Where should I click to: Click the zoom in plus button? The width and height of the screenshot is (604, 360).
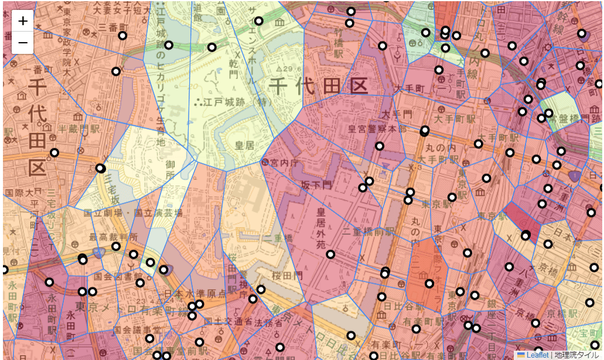pyautogui.click(x=22, y=21)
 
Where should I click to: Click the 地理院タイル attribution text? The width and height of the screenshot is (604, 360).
pyautogui.click(x=576, y=355)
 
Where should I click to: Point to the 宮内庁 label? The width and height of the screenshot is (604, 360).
pyautogui.click(x=284, y=162)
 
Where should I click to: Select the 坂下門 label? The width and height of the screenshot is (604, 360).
pyautogui.click(x=316, y=184)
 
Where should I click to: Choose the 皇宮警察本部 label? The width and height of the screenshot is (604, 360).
pyautogui.click(x=377, y=129)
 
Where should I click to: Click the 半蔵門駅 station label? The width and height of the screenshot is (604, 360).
pyautogui.click(x=81, y=128)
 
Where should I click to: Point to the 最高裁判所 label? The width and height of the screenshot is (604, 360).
pyautogui.click(x=114, y=237)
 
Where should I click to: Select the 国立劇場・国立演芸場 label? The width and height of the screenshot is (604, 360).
pyautogui.click(x=133, y=213)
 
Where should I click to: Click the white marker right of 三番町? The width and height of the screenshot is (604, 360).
pyautogui.click(x=122, y=36)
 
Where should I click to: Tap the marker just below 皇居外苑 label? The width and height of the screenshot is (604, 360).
pyautogui.click(x=330, y=255)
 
